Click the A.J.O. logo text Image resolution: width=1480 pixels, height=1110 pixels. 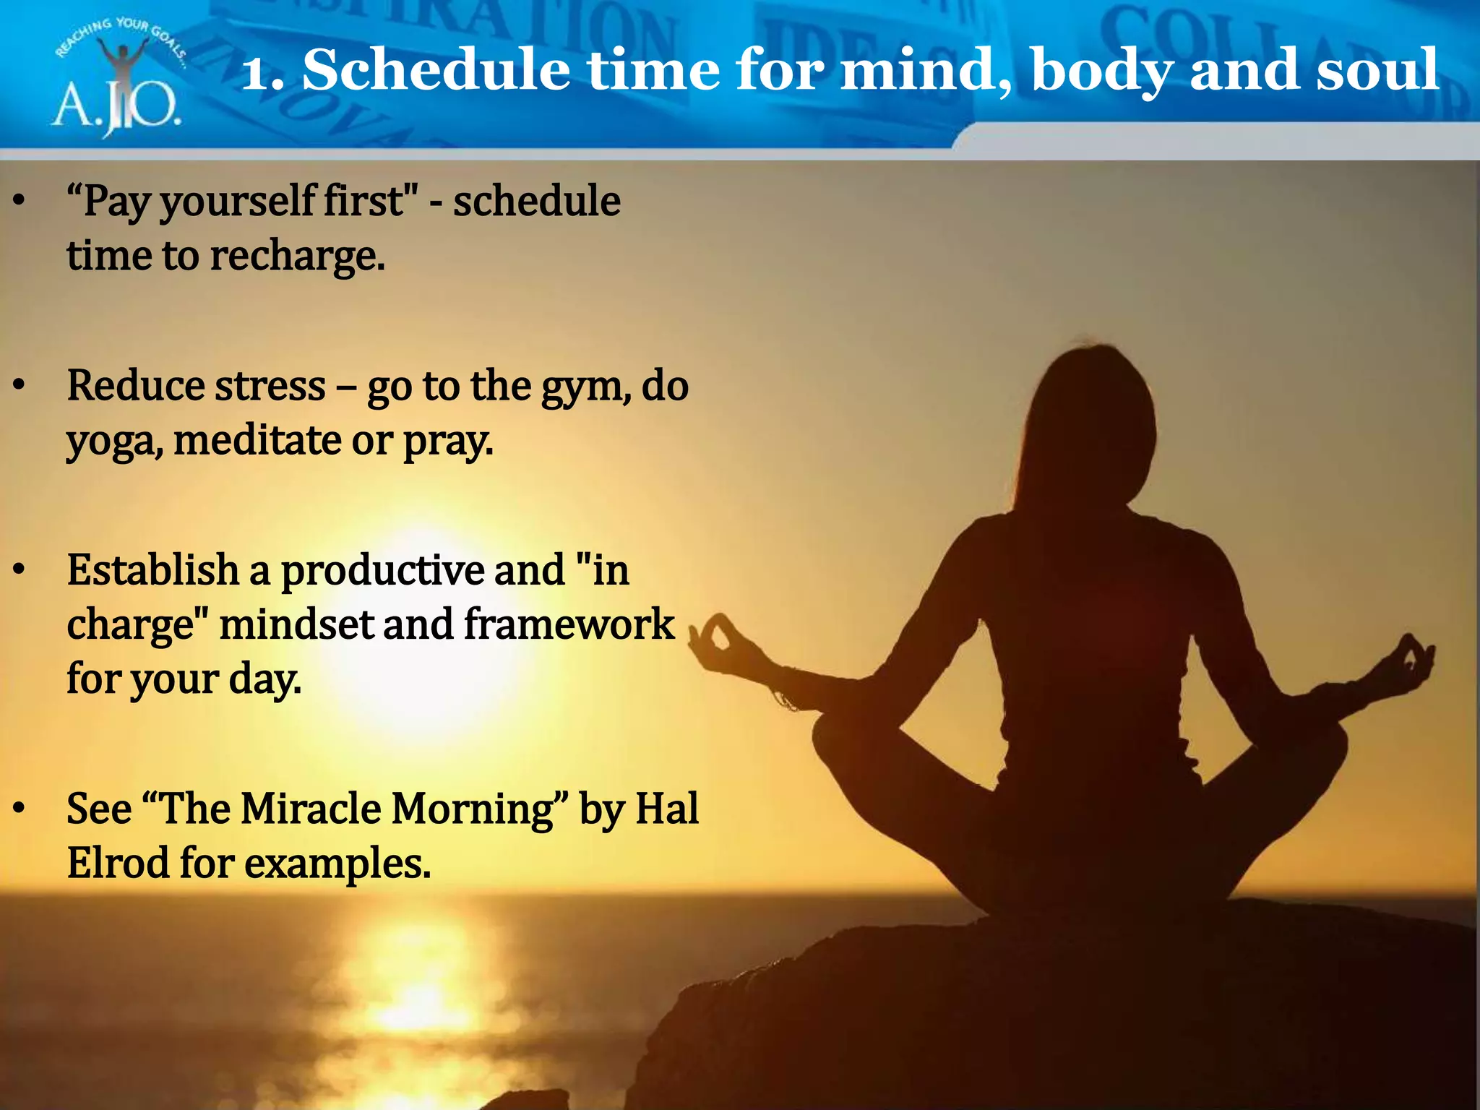[116, 107]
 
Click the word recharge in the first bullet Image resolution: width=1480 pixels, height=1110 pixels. [297, 257]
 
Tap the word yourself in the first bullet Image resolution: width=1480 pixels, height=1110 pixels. [238, 202]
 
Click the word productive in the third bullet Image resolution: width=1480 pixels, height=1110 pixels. [382, 571]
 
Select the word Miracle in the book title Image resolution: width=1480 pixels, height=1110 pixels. [311, 809]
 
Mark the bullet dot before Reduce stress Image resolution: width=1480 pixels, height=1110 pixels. [20, 385]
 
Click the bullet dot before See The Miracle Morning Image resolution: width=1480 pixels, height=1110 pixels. [20, 807]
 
